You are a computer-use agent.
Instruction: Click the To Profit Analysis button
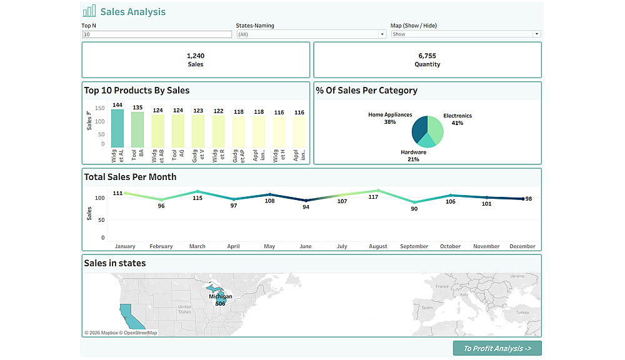[497, 348]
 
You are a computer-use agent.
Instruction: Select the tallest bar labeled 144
[117, 128]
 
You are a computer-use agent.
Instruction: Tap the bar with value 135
[137, 129]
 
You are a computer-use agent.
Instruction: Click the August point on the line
[378, 191]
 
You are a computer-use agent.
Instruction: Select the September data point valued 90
[414, 202]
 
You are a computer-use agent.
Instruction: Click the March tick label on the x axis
[197, 246]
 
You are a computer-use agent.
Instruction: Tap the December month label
[522, 246]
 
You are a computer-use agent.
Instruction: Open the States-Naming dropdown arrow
[382, 34]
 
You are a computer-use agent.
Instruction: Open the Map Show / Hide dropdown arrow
[536, 34]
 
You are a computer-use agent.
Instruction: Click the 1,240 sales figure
[196, 56]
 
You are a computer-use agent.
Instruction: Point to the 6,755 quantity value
[427, 56]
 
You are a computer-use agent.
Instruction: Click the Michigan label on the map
[220, 297]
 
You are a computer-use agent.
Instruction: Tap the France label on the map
[442, 286]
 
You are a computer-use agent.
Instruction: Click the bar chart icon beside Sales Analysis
[89, 11]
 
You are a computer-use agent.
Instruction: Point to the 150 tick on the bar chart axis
[100, 107]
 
